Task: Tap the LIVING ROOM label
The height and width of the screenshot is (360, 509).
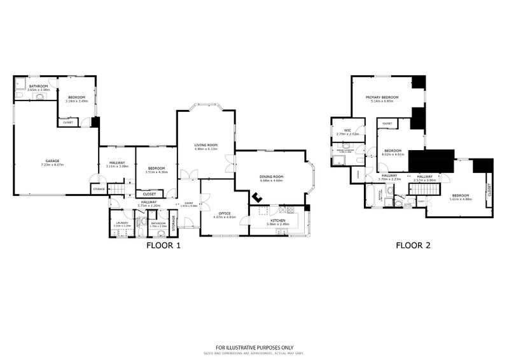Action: click(206, 145)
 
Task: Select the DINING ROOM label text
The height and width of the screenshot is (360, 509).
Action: click(271, 177)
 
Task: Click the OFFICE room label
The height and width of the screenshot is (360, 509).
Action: click(223, 213)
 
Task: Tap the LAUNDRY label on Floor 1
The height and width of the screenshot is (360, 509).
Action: click(122, 222)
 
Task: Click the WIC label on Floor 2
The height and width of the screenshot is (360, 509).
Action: click(347, 130)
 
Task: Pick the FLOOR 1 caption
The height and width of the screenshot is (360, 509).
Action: click(164, 244)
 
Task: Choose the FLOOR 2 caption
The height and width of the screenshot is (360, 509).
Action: click(413, 244)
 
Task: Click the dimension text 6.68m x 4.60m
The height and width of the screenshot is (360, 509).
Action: click(271, 181)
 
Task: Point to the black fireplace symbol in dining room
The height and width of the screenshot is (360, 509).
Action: click(258, 197)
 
